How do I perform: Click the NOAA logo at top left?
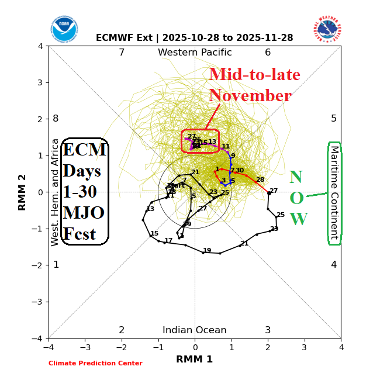64,29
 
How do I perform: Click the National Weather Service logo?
327,29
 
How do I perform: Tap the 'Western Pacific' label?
195,53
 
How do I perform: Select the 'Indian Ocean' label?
195,330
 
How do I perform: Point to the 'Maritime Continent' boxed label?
334,193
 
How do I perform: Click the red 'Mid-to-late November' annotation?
254,85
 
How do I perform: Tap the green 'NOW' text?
297,199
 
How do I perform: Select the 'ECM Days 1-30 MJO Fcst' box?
84,191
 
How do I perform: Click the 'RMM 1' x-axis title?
194,359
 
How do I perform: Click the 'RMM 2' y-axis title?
23,192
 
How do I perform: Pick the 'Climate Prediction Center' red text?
95,364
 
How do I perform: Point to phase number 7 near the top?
122,53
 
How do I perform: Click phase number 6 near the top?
268,53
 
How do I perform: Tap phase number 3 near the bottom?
268,330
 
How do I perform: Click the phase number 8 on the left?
56,119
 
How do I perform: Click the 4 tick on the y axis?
40,46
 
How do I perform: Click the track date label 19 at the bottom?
207,250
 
